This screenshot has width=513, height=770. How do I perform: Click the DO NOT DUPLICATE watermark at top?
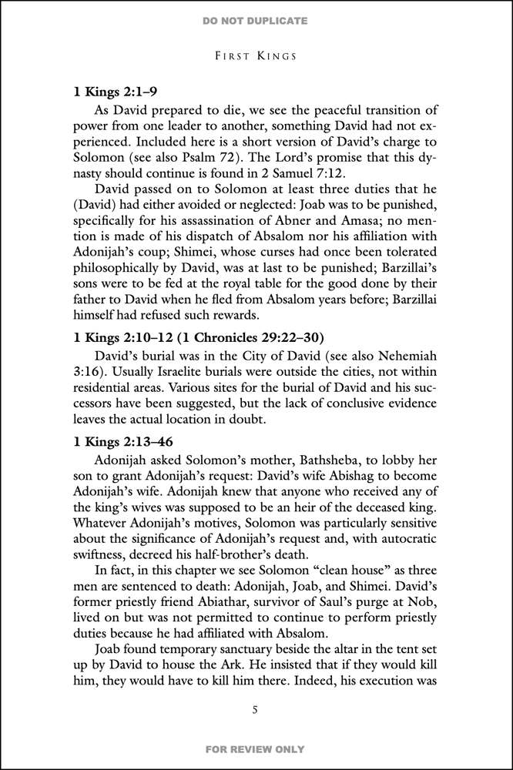click(256, 20)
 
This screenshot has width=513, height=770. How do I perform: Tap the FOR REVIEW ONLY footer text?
click(256, 749)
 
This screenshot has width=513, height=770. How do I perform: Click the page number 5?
click(256, 709)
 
